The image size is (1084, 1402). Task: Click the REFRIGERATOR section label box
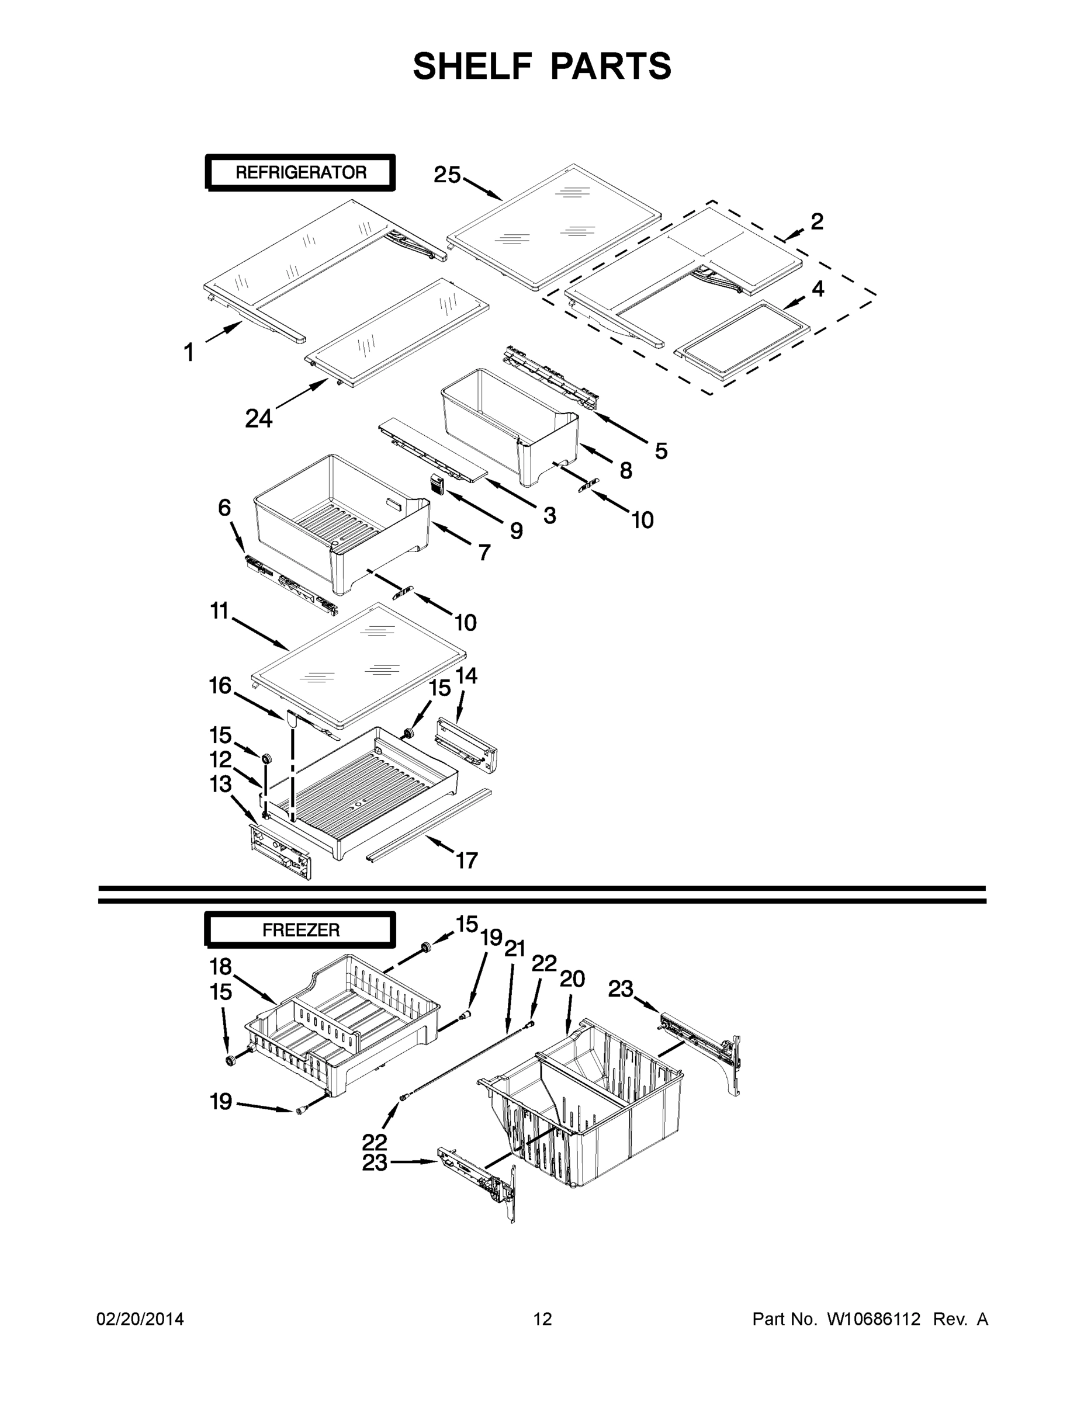[300, 172]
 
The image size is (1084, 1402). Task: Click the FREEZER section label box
[300, 929]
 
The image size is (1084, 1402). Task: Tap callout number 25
[447, 175]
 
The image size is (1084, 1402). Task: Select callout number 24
[259, 418]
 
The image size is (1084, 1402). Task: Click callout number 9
[517, 530]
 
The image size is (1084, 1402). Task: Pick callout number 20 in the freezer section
[572, 979]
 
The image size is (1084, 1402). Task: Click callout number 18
[220, 966]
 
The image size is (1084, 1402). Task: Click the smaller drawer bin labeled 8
[507, 417]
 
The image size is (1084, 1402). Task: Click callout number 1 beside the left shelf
[188, 352]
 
